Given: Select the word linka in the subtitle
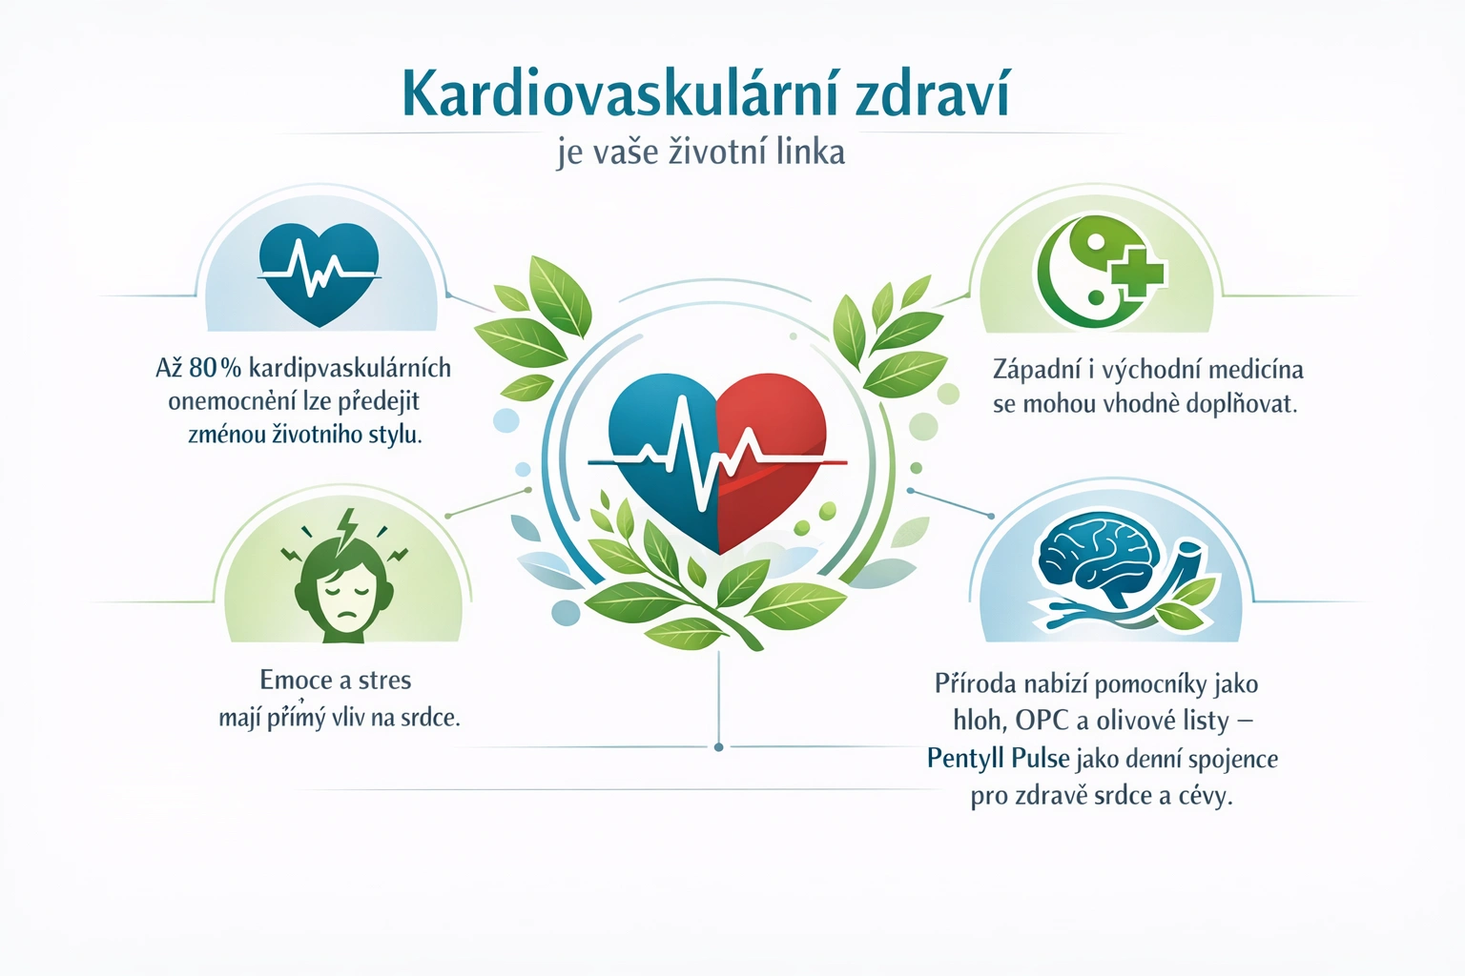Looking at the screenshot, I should (810, 152).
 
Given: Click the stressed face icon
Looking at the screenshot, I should (342, 586).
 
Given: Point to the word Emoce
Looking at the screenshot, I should (297, 681).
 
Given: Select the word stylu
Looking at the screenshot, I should (395, 435).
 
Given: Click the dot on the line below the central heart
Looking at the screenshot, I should (718, 747).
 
